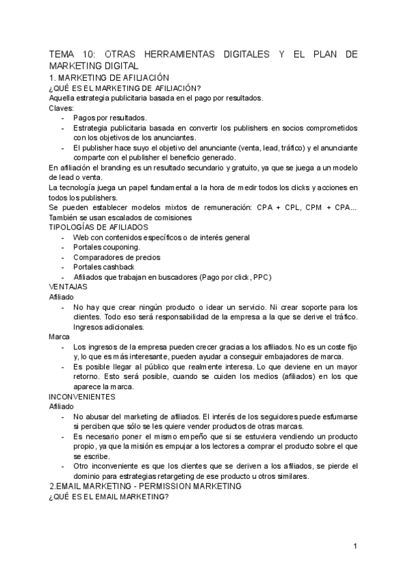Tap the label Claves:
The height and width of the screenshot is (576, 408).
point(61,107)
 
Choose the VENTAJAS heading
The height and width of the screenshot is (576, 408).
point(68,287)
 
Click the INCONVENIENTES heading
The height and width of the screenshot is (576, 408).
point(82,396)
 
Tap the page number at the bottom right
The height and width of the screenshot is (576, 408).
point(355,546)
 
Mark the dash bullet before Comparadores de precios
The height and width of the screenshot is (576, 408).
point(64,257)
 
